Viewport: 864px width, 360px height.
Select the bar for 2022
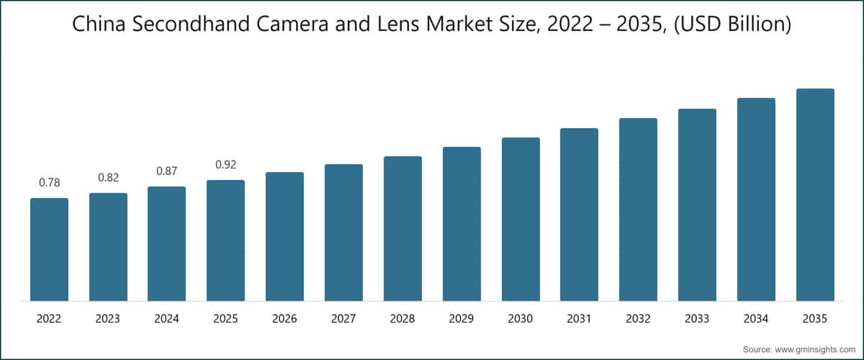49,249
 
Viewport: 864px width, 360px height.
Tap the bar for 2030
521,219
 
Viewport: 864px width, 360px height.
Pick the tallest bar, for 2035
815,194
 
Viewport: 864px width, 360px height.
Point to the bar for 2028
402,228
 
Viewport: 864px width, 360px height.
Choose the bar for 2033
697,204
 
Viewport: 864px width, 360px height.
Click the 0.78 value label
49,183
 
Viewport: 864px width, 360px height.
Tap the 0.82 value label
108,178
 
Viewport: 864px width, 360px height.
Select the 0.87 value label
166,171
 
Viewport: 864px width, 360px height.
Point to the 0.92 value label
225,165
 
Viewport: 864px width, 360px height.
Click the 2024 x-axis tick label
166,318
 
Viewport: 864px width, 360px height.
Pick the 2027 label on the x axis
343,318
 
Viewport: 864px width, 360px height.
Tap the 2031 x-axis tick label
579,318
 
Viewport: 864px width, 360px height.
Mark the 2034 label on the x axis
756,318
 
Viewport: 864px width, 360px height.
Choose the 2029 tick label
462,318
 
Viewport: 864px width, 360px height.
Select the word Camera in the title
305,26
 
